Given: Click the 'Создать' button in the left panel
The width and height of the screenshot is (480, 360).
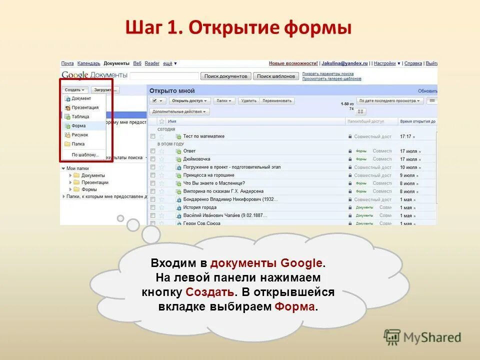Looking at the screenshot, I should pos(75,90).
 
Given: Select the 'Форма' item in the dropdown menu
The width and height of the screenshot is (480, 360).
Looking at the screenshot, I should pos(78,126).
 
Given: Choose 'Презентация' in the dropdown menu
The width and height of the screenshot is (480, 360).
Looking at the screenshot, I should pos(85,107).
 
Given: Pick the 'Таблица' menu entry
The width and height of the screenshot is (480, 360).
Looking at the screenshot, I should pos(80,116).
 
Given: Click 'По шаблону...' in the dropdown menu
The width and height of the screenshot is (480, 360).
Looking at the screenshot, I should pos(85,155).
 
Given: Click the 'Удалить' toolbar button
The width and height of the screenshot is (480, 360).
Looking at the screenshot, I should pos(248,100).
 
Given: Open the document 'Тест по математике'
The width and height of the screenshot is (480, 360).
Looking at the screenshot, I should pos(203,136).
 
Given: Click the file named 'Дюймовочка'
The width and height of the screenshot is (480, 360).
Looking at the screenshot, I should pos(196,159).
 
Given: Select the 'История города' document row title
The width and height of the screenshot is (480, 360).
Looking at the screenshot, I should pos(199,207).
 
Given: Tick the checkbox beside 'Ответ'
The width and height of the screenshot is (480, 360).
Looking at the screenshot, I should pos(153,151).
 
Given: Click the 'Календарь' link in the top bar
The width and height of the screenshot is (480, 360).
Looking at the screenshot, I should pos(88,63).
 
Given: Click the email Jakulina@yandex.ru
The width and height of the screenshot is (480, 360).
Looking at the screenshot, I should pos(345,63).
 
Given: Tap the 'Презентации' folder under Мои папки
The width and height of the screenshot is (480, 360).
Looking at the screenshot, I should pos(94,182).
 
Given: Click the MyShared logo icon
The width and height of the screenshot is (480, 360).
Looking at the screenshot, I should pos(392,337).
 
